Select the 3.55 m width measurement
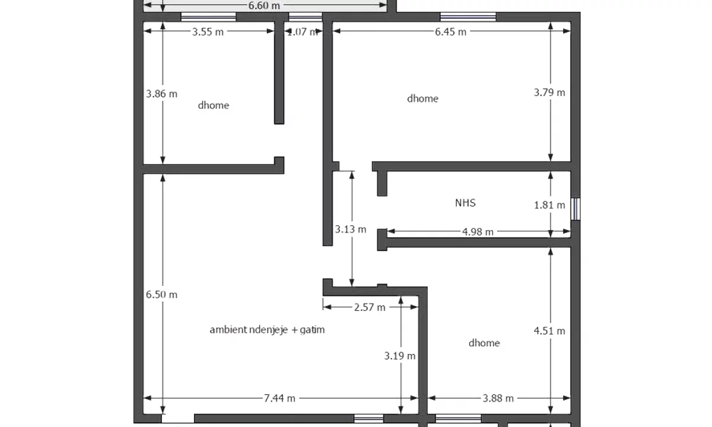tap(208, 32)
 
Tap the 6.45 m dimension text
tap(450, 32)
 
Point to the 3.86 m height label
tap(161, 94)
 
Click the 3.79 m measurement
tap(549, 93)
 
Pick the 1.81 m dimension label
tap(549, 205)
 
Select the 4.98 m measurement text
tap(478, 232)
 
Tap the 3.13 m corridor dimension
tap(351, 230)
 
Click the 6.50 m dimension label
tap(161, 295)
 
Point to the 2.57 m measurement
tap(369, 307)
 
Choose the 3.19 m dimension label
tap(400, 356)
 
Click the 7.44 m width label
tap(279, 399)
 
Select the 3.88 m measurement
tap(498, 399)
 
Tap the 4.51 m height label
tap(549, 331)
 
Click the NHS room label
tap(465, 203)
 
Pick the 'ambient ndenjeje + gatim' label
tap(267, 330)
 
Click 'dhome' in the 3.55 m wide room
tap(214, 106)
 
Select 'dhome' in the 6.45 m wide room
tap(422, 98)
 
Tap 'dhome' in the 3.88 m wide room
tap(484, 343)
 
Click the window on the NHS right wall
tap(575, 209)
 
